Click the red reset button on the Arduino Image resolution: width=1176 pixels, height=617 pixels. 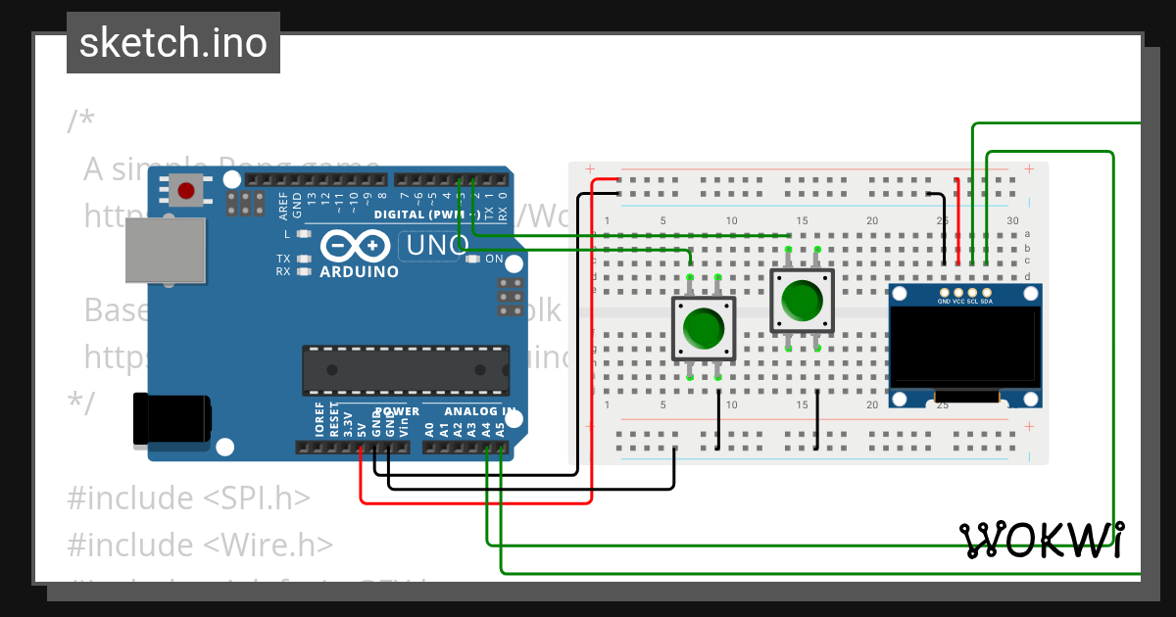pos(186,189)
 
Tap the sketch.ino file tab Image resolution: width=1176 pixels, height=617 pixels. pos(173,43)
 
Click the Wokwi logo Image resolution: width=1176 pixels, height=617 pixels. pos(1042,540)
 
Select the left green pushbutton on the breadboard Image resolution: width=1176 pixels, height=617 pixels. pos(703,328)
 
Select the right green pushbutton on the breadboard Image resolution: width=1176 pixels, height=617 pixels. pos(803,301)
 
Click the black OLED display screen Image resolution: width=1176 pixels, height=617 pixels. pos(964,345)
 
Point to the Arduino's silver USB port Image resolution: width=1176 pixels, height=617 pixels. pos(167,250)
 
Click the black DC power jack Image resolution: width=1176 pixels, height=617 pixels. pos(171,418)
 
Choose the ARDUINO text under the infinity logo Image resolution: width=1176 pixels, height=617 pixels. pos(359,271)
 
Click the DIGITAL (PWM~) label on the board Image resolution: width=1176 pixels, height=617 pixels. pos(425,214)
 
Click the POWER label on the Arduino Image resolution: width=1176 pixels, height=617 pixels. pos(396,411)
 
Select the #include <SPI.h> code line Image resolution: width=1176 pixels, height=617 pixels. pos(188,498)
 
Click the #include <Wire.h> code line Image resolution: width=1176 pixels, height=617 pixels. pos(200,545)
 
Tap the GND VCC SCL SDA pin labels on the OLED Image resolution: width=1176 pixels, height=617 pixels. pos(965,302)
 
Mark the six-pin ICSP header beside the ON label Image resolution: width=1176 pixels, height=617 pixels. pos(510,297)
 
